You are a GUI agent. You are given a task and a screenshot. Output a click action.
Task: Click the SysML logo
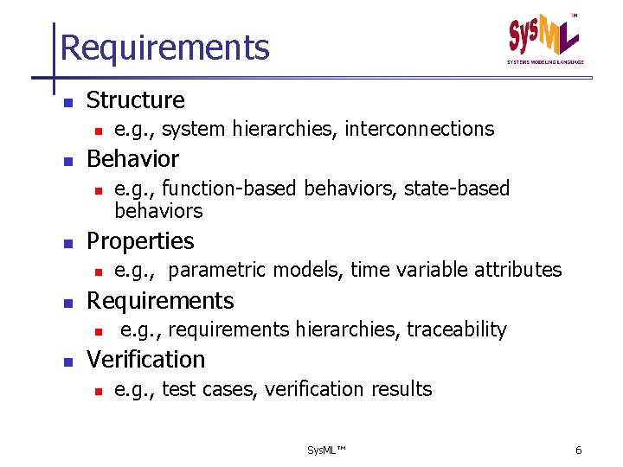pyautogui.click(x=544, y=38)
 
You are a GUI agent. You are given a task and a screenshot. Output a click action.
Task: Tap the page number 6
pyautogui.click(x=578, y=451)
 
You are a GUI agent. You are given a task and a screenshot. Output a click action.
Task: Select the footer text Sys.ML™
pyautogui.click(x=326, y=451)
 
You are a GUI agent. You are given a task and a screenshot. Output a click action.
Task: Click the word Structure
pyautogui.click(x=136, y=100)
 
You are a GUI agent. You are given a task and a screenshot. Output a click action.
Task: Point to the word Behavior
pyautogui.click(x=132, y=159)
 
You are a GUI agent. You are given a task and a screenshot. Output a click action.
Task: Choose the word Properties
pyautogui.click(x=140, y=241)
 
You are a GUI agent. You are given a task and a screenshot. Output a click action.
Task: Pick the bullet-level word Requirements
pyautogui.click(x=160, y=301)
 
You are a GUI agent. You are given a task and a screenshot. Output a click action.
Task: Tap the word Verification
pyautogui.click(x=145, y=360)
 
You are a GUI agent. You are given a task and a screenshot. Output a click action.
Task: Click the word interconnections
pyautogui.click(x=419, y=130)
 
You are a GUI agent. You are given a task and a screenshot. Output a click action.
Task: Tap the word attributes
pyautogui.click(x=520, y=270)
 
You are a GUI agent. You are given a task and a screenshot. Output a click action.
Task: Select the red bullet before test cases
pyautogui.click(x=99, y=391)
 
